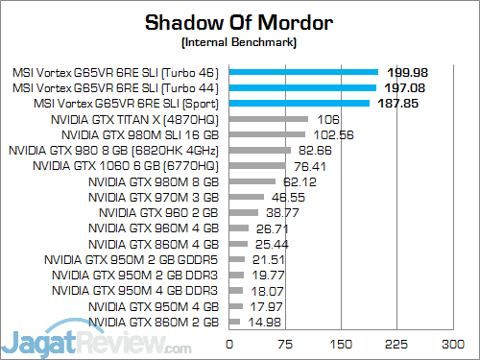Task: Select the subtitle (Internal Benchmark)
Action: (x=239, y=42)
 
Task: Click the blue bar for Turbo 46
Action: (x=303, y=71)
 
